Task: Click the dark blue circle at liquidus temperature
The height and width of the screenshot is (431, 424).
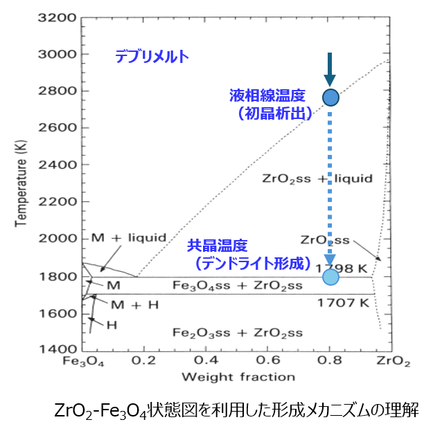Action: (x=330, y=98)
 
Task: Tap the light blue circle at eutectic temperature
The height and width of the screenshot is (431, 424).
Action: (x=330, y=277)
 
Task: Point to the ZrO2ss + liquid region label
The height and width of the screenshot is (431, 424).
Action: (x=317, y=178)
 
